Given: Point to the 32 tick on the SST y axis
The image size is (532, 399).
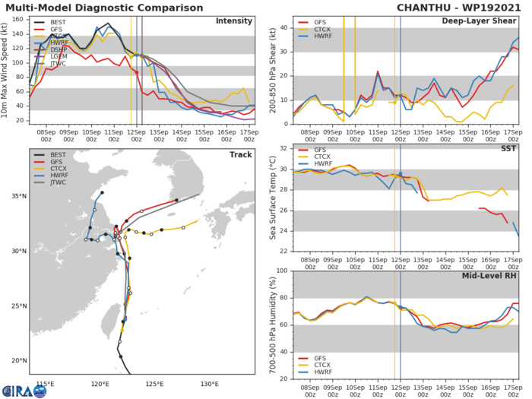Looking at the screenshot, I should pos(282,148).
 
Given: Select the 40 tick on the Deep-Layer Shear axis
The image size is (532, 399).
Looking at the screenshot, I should pos(282,28).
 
